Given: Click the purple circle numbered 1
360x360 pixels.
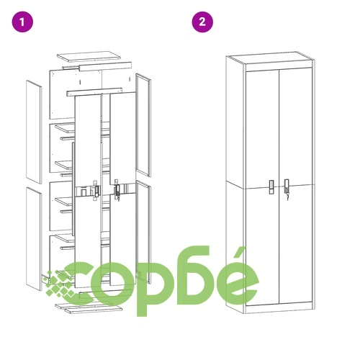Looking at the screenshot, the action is pyautogui.click(x=22, y=22).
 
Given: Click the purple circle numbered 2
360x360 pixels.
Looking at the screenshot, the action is pyautogui.click(x=202, y=22).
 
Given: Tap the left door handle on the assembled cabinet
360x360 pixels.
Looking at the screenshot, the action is pyautogui.click(x=271, y=187).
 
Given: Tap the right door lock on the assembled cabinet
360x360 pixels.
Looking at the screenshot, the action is pyautogui.click(x=287, y=189).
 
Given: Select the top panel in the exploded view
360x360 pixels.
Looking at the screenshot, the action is pyautogui.click(x=89, y=57).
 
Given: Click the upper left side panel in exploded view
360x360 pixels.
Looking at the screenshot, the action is pyautogui.click(x=34, y=132).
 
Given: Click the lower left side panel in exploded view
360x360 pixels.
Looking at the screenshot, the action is pyautogui.click(x=34, y=239).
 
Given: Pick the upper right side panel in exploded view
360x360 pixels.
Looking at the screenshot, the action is pyautogui.click(x=143, y=125).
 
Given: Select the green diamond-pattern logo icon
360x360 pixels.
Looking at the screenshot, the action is pyautogui.click(x=60, y=284).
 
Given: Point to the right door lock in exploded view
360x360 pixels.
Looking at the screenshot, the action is pyautogui.click(x=117, y=189).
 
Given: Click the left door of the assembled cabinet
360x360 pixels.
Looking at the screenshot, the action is pyautogui.click(x=263, y=188).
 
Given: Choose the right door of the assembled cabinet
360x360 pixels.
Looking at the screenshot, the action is pyautogui.click(x=295, y=185).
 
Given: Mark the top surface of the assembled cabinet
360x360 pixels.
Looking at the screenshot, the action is pyautogui.click(x=271, y=58).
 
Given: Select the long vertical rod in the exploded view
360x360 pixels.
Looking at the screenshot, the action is pyautogui.click(x=73, y=189).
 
